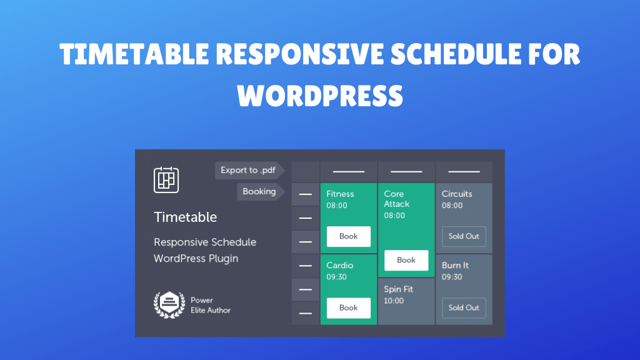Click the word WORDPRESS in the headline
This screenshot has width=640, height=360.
coord(320,95)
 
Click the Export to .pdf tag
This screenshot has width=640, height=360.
coord(248,170)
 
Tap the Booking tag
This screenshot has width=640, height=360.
coord(259,192)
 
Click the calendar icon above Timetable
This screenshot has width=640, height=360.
coord(166,179)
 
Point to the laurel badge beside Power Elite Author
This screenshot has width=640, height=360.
coord(169,304)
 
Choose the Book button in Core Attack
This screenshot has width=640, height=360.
coord(406,260)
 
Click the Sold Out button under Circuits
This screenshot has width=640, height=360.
coord(464,236)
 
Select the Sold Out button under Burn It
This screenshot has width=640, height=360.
coord(464,307)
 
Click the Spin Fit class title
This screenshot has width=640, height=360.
coord(398,289)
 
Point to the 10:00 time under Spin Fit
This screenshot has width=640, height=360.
coord(394,301)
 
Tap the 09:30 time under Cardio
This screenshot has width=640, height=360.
coord(336,277)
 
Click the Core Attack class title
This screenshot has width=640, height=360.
coord(397,199)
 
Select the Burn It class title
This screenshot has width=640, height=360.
coord(455,265)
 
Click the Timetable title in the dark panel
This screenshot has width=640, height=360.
coord(185,217)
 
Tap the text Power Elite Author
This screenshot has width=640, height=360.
coord(211,305)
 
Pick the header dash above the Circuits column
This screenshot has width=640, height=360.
coord(464,171)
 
